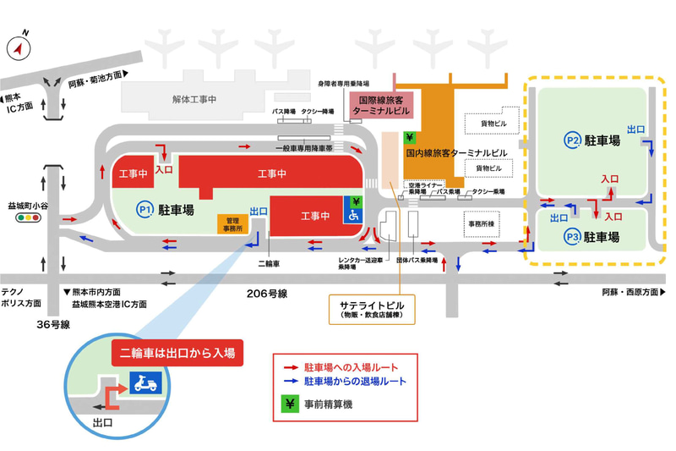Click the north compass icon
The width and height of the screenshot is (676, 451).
(x=19, y=48)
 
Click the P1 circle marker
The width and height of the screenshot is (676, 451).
(x=144, y=208)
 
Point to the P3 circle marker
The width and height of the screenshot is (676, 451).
(x=573, y=237)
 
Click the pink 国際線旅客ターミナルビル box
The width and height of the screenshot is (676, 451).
(x=381, y=105)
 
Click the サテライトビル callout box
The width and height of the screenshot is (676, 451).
(x=373, y=309)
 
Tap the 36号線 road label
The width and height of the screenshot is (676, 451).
(x=52, y=324)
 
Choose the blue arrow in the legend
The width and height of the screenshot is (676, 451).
(x=290, y=382)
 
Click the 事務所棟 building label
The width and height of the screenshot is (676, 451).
(x=484, y=224)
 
